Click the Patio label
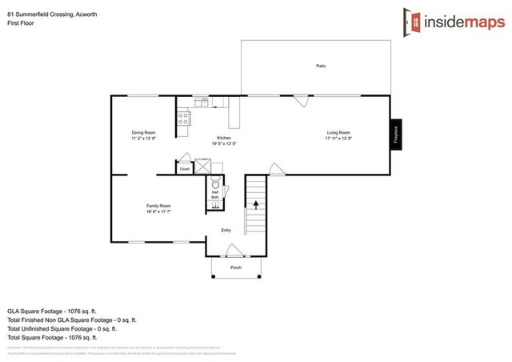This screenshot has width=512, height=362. [x=320, y=66]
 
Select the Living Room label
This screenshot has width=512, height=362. [x=338, y=132]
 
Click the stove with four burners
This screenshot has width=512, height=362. [x=183, y=119]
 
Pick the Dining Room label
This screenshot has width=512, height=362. [x=144, y=132]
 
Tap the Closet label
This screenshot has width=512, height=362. [x=184, y=169]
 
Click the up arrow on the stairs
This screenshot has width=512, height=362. [x=256, y=204]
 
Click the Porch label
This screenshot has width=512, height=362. [x=235, y=267]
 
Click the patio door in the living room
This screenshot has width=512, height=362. [x=302, y=102]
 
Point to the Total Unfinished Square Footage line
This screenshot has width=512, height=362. [x=62, y=328]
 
